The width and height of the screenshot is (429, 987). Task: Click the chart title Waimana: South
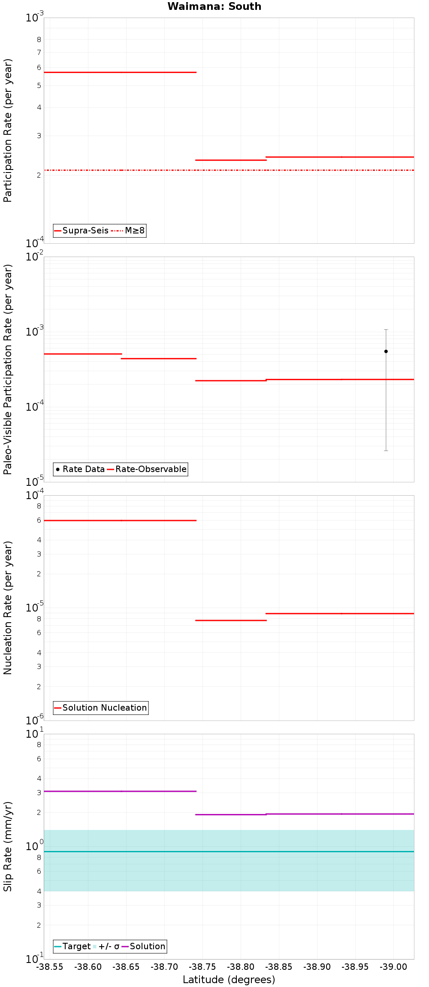(214, 6)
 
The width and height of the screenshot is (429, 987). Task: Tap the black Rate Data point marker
(386, 351)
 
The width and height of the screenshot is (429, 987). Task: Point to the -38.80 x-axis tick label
(241, 967)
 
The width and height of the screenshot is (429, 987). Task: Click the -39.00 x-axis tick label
(393, 967)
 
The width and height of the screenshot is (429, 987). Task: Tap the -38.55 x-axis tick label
(50, 967)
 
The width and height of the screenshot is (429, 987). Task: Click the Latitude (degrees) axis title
(229, 980)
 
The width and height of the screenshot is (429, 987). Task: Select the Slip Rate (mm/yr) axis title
(8, 846)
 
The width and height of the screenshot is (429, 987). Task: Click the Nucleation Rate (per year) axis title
(8, 608)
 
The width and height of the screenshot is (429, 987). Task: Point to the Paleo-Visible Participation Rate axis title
(8, 369)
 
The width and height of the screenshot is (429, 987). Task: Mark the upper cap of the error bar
(386, 330)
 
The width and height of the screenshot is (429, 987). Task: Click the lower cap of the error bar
(386, 451)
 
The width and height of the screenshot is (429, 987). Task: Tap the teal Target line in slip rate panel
(229, 851)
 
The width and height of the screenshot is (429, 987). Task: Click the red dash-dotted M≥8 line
(229, 170)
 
